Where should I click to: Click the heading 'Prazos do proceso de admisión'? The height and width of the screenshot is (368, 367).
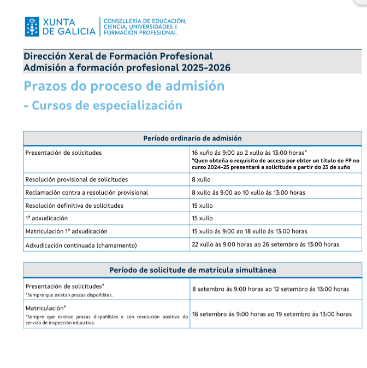point(124,86)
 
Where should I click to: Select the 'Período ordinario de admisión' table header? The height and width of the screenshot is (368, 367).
point(192,138)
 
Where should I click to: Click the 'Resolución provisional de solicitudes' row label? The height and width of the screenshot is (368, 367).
point(76,179)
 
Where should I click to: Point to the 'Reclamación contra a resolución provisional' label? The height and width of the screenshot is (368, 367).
point(87,192)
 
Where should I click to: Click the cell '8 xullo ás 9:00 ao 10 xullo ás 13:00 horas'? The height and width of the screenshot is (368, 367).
point(248,192)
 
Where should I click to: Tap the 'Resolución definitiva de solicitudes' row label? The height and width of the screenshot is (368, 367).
point(74,206)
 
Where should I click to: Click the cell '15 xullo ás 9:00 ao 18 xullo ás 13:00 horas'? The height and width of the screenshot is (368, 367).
point(250,231)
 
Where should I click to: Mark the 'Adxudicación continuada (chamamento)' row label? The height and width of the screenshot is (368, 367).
point(81,244)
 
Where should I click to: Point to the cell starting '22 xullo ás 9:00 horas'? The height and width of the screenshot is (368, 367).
point(265,244)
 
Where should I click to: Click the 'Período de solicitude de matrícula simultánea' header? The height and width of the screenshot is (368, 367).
point(192,270)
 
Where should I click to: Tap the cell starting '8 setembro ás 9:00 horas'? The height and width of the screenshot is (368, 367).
point(270,289)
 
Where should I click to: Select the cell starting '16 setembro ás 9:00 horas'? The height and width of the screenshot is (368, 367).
point(272,314)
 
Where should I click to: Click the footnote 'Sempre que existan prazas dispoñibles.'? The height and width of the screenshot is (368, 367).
point(69,295)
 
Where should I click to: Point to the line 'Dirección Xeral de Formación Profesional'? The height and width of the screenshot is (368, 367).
point(118,56)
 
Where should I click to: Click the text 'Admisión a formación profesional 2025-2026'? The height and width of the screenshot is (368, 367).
point(127,68)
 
